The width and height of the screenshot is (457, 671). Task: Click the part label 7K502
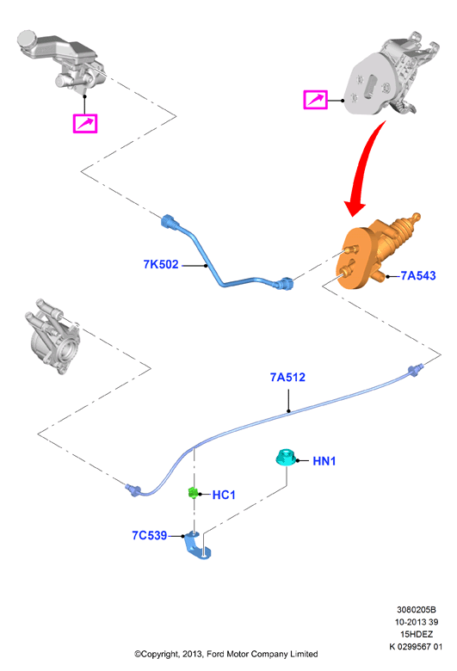coord(161,264)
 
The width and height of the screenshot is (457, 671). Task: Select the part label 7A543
coord(418,275)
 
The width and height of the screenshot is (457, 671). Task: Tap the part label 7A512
coord(287,377)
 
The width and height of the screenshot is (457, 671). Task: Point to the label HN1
coord(324,461)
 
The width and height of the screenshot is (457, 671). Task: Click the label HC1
coord(224,495)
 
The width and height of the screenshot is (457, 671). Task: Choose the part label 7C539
coord(150,535)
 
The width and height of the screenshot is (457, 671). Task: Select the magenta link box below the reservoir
coord(85,124)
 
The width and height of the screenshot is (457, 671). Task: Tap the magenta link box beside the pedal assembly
coord(316,100)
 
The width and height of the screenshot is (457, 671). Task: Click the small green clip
coord(193,493)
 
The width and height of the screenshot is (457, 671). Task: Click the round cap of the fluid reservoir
coord(27,39)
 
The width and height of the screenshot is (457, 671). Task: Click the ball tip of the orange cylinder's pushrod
coord(416,217)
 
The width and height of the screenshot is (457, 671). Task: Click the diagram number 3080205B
coord(416,609)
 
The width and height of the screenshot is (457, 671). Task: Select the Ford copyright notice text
coord(225,654)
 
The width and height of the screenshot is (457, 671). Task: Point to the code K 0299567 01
coord(416,646)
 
